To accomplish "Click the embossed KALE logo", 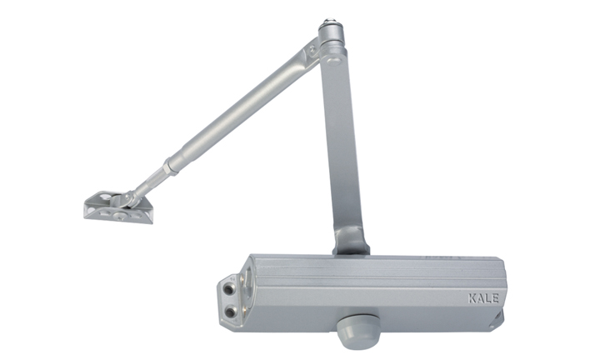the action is [483, 298].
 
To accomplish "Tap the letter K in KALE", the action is [472, 298].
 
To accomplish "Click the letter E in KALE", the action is [496, 298].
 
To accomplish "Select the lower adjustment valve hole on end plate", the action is [230, 312].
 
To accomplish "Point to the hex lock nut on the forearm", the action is [170, 167].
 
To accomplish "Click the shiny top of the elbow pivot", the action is [328, 22].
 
